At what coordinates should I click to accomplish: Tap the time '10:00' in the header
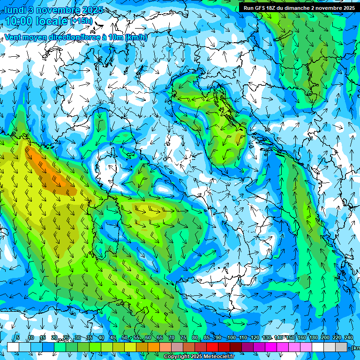(20, 22)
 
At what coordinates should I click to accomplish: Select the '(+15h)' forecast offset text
(82, 21)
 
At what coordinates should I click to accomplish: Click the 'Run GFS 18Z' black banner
(299, 8)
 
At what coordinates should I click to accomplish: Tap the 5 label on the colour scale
(18, 338)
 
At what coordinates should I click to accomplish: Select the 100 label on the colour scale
(232, 338)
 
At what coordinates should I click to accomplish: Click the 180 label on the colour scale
(313, 338)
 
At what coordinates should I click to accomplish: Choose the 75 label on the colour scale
(183, 338)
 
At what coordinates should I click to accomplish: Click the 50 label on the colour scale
(124, 338)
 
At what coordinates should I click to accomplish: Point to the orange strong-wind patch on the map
(49, 171)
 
